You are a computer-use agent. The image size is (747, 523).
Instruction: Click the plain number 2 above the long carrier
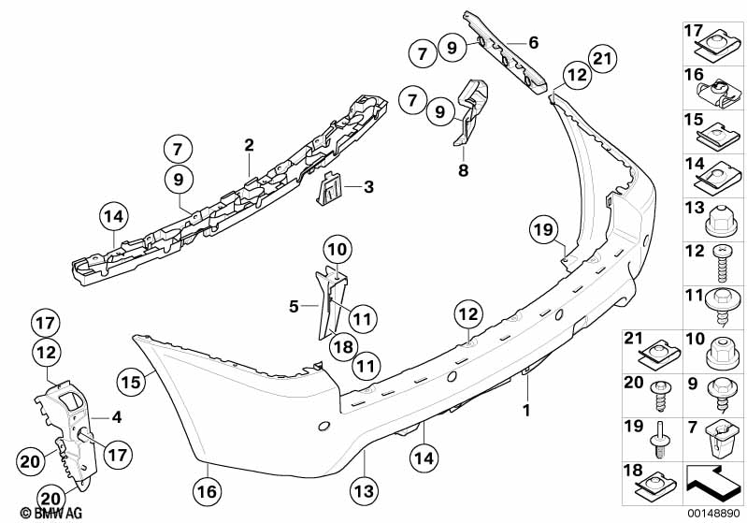tap(249, 145)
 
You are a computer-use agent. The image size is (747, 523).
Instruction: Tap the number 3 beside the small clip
tap(368, 187)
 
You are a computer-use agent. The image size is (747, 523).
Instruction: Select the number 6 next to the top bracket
tap(533, 42)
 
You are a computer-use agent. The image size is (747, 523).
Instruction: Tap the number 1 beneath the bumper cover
tap(525, 410)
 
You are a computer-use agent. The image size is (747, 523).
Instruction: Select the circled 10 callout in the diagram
tap(337, 249)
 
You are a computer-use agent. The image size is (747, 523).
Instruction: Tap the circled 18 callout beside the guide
tap(343, 346)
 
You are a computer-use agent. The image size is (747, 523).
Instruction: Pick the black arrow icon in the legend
tap(713, 485)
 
